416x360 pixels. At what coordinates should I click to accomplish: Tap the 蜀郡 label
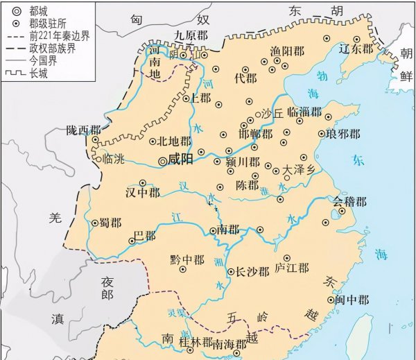111,223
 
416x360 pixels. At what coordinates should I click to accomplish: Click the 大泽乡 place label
300,169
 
